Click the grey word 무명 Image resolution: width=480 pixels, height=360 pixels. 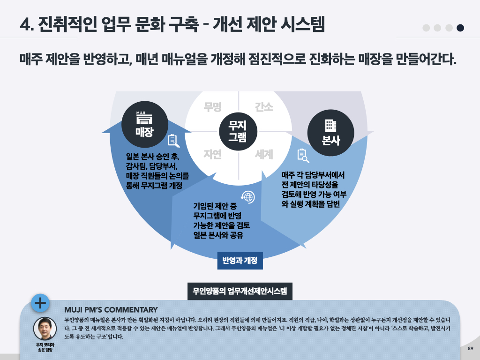[212, 107]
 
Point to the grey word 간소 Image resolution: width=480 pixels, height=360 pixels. [264, 107]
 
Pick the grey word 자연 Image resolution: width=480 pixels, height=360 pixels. [212, 155]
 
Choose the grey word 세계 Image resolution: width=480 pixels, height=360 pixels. [264, 155]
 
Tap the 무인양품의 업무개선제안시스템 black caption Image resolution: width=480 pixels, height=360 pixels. [240, 291]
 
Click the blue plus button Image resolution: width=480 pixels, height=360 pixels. [41, 303]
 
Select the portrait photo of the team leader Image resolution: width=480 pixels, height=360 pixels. [45, 329]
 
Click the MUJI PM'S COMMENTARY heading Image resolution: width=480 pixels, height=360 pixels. [111, 310]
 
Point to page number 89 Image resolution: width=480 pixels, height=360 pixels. [470, 349]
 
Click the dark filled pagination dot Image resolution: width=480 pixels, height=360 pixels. [460, 28]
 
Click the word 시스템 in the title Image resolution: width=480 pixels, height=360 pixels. [302, 24]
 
